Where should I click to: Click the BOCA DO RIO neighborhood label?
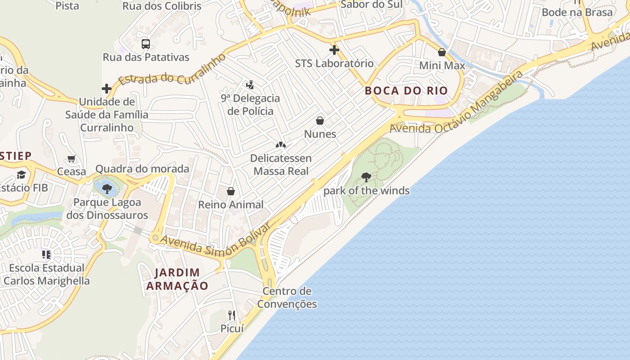pyautogui.click(x=406, y=90)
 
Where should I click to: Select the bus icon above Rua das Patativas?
pyautogui.click(x=146, y=44)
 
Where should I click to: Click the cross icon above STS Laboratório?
pyautogui.click(x=334, y=49)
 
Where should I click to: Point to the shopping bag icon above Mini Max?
pyautogui.click(x=442, y=52)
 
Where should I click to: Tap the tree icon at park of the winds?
pyautogui.click(x=366, y=177)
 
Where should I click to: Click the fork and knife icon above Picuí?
pyautogui.click(x=232, y=315)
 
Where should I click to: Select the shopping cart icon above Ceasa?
pyautogui.click(x=71, y=158)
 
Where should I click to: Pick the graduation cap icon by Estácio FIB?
pyautogui.click(x=21, y=175)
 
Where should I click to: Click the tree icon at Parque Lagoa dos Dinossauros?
pyautogui.click(x=107, y=189)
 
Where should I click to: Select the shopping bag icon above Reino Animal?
pyautogui.click(x=231, y=191)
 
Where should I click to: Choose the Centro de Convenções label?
pyautogui.click(x=287, y=297)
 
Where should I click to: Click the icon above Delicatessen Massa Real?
pyautogui.click(x=281, y=145)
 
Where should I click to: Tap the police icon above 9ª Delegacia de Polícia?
pyautogui.click(x=250, y=85)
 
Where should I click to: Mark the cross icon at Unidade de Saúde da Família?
pyautogui.click(x=107, y=89)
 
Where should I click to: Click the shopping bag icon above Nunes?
pyautogui.click(x=320, y=121)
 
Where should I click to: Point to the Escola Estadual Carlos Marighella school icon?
pyautogui.click(x=46, y=255)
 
